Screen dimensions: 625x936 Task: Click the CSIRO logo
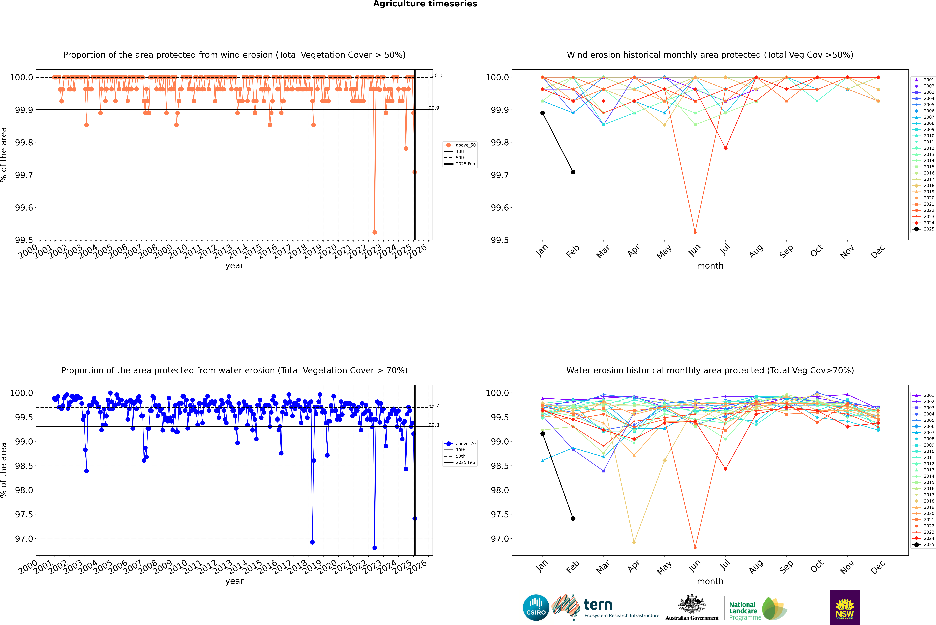click(536, 607)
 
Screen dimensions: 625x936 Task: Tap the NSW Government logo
click(845, 607)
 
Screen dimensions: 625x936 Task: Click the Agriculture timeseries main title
click(425, 4)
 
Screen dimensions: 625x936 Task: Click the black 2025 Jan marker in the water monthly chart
click(543, 434)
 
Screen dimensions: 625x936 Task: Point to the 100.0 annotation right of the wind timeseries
click(435, 75)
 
